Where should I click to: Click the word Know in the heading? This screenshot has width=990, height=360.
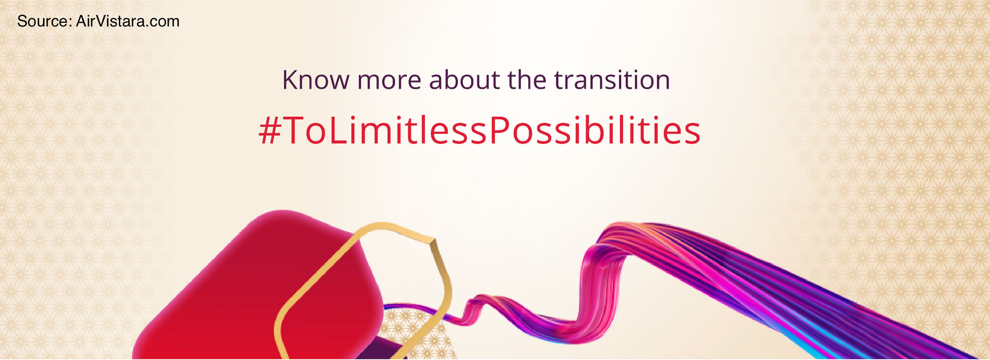point(315,80)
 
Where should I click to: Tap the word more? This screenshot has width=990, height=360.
point(389,82)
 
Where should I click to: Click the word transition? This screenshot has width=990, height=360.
point(612,80)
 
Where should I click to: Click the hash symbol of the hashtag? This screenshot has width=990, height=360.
point(270,131)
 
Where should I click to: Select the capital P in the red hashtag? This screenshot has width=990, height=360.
point(498,131)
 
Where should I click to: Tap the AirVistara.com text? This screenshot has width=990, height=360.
point(128,21)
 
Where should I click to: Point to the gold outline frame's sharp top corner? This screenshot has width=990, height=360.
point(434,241)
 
